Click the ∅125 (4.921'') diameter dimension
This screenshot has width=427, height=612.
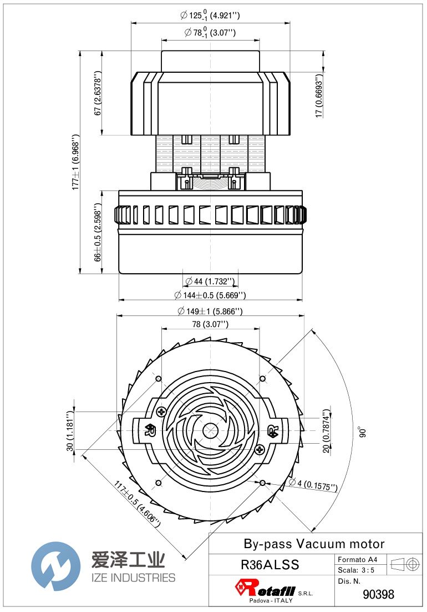click(210, 16)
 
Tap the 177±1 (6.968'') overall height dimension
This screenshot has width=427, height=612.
click(76, 162)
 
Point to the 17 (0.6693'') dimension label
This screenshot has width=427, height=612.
click(319, 96)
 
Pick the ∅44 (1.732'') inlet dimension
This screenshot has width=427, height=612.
click(210, 282)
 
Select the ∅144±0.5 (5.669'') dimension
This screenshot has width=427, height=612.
click(210, 295)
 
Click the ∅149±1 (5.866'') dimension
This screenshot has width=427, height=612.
click(210, 312)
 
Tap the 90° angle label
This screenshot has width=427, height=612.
click(361, 432)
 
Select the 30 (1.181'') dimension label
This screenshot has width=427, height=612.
click(70, 431)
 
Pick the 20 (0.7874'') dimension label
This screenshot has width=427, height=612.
click(327, 431)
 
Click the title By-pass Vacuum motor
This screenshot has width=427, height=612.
click(314, 544)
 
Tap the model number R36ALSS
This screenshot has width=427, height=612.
click(270, 565)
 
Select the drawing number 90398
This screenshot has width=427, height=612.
click(378, 594)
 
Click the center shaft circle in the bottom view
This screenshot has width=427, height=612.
click(210, 430)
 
